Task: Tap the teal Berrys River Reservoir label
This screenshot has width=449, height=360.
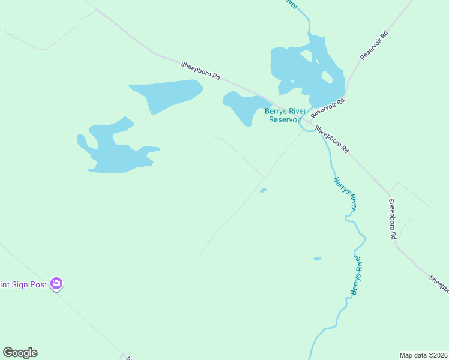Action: (x=285, y=115)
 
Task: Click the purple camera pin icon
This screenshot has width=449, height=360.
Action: (x=56, y=283)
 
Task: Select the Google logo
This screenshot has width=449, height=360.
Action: (x=20, y=353)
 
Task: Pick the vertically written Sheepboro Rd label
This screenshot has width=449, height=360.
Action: (x=392, y=219)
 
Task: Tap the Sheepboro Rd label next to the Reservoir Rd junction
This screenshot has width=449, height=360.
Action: (x=331, y=139)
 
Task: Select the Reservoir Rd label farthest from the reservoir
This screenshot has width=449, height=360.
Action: (x=375, y=45)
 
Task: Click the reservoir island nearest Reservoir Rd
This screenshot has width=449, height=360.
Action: (x=327, y=77)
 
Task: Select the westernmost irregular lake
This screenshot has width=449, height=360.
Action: (x=117, y=150)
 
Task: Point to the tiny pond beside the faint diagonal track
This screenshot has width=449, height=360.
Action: (x=263, y=191)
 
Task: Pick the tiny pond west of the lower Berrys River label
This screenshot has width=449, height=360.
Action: (x=317, y=259)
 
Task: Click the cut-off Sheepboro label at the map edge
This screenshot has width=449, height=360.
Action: (x=439, y=284)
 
